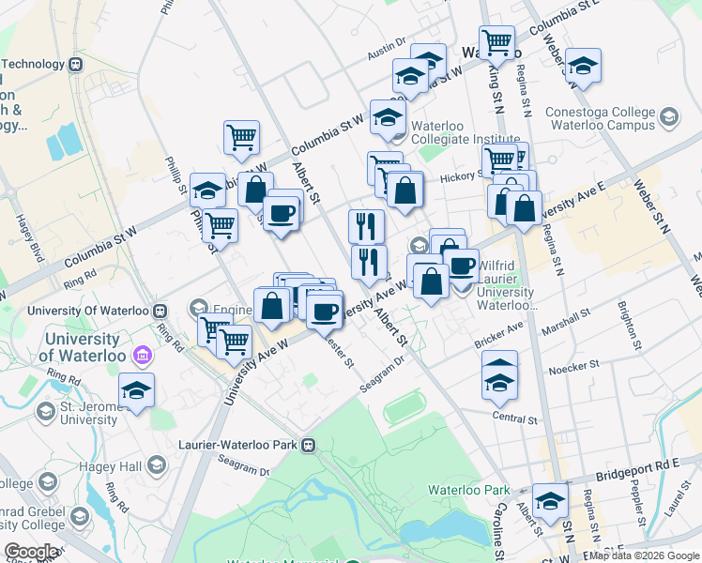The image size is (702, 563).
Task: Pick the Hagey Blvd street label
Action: [23, 238]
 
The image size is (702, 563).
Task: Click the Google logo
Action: [32, 552]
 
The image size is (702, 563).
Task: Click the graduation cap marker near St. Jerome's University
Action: [137, 390]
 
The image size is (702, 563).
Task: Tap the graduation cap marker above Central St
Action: [499, 378]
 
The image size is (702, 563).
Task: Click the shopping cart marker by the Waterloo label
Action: [496, 40]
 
